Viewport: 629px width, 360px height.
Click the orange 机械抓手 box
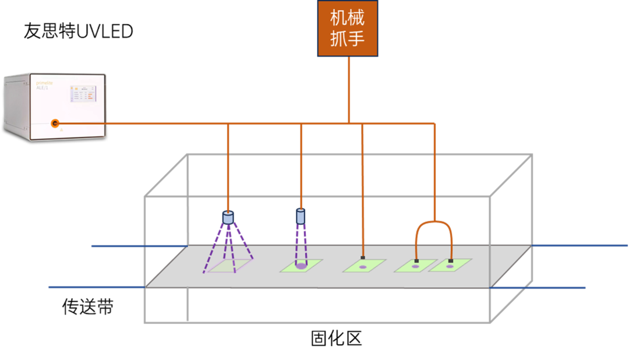[x=348, y=28]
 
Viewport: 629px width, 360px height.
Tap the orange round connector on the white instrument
[x=55, y=123]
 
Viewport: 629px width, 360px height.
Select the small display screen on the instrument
[x=83, y=93]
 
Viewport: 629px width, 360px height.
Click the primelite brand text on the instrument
[x=44, y=83]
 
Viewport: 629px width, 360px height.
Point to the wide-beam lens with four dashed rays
[x=228, y=218]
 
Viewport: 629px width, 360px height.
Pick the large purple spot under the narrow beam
[x=301, y=266]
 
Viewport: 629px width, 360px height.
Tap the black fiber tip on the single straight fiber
[x=362, y=257]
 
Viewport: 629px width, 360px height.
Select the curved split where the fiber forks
[x=434, y=222]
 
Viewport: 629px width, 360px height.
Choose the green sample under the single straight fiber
[x=364, y=266]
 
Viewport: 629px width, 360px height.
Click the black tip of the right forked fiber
[x=450, y=260]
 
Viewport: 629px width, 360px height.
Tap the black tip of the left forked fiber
[x=417, y=260]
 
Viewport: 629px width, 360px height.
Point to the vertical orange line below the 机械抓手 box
[x=349, y=87]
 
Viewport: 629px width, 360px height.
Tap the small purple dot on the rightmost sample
[x=450, y=267]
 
